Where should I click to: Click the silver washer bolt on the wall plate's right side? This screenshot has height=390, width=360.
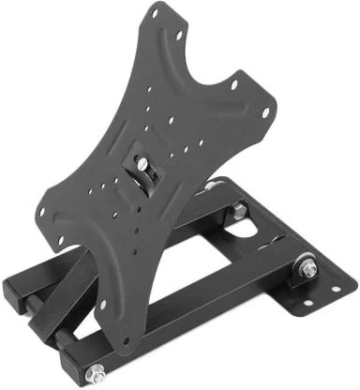(x=307, y=267)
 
